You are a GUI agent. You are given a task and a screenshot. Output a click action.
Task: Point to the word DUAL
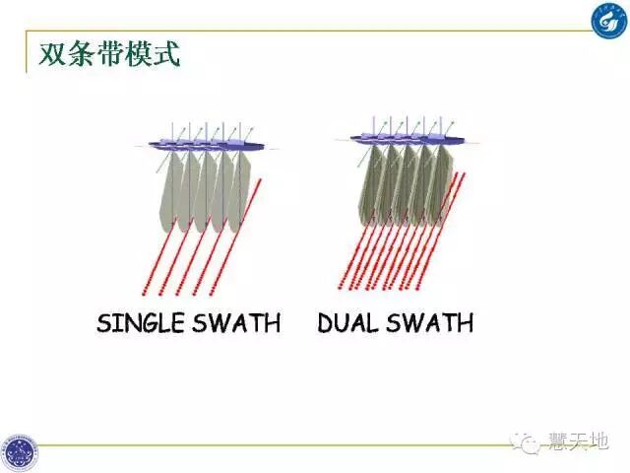point(346,322)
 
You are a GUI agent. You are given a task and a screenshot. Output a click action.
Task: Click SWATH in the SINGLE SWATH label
point(241,322)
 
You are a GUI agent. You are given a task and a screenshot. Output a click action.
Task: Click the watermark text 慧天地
point(579,442)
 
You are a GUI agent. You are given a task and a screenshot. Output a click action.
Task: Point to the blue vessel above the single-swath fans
point(207,145)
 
